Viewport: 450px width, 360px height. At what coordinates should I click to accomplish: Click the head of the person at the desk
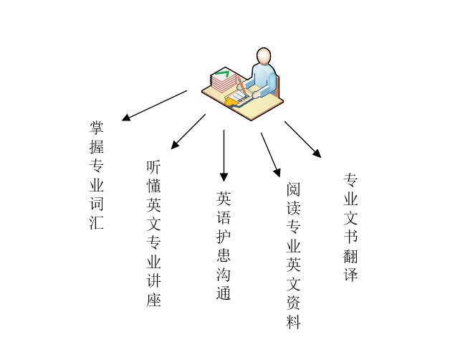(264, 56)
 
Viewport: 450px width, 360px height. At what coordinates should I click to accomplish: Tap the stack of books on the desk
(223, 80)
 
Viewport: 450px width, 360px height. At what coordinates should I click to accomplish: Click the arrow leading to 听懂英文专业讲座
(188, 131)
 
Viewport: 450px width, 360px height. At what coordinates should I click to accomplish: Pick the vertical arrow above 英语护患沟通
(224, 155)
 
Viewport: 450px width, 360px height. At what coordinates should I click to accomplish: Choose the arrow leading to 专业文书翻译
(302, 139)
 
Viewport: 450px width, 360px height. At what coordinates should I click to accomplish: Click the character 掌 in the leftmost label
(97, 128)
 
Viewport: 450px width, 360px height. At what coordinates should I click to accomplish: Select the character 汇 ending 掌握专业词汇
(97, 222)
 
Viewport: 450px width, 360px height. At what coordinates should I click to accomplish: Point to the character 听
(153, 166)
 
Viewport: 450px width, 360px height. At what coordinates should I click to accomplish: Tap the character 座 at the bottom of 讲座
(153, 300)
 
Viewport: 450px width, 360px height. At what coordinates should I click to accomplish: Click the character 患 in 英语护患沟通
(224, 255)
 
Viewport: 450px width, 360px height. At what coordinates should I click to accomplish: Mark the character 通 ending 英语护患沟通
(224, 293)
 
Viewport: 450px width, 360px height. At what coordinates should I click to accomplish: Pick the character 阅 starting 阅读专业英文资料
(293, 190)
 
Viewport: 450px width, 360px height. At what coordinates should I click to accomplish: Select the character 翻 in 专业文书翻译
(350, 255)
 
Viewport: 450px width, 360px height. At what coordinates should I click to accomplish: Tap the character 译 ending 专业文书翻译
(350, 275)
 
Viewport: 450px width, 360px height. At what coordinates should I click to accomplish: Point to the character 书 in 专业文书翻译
(350, 236)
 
